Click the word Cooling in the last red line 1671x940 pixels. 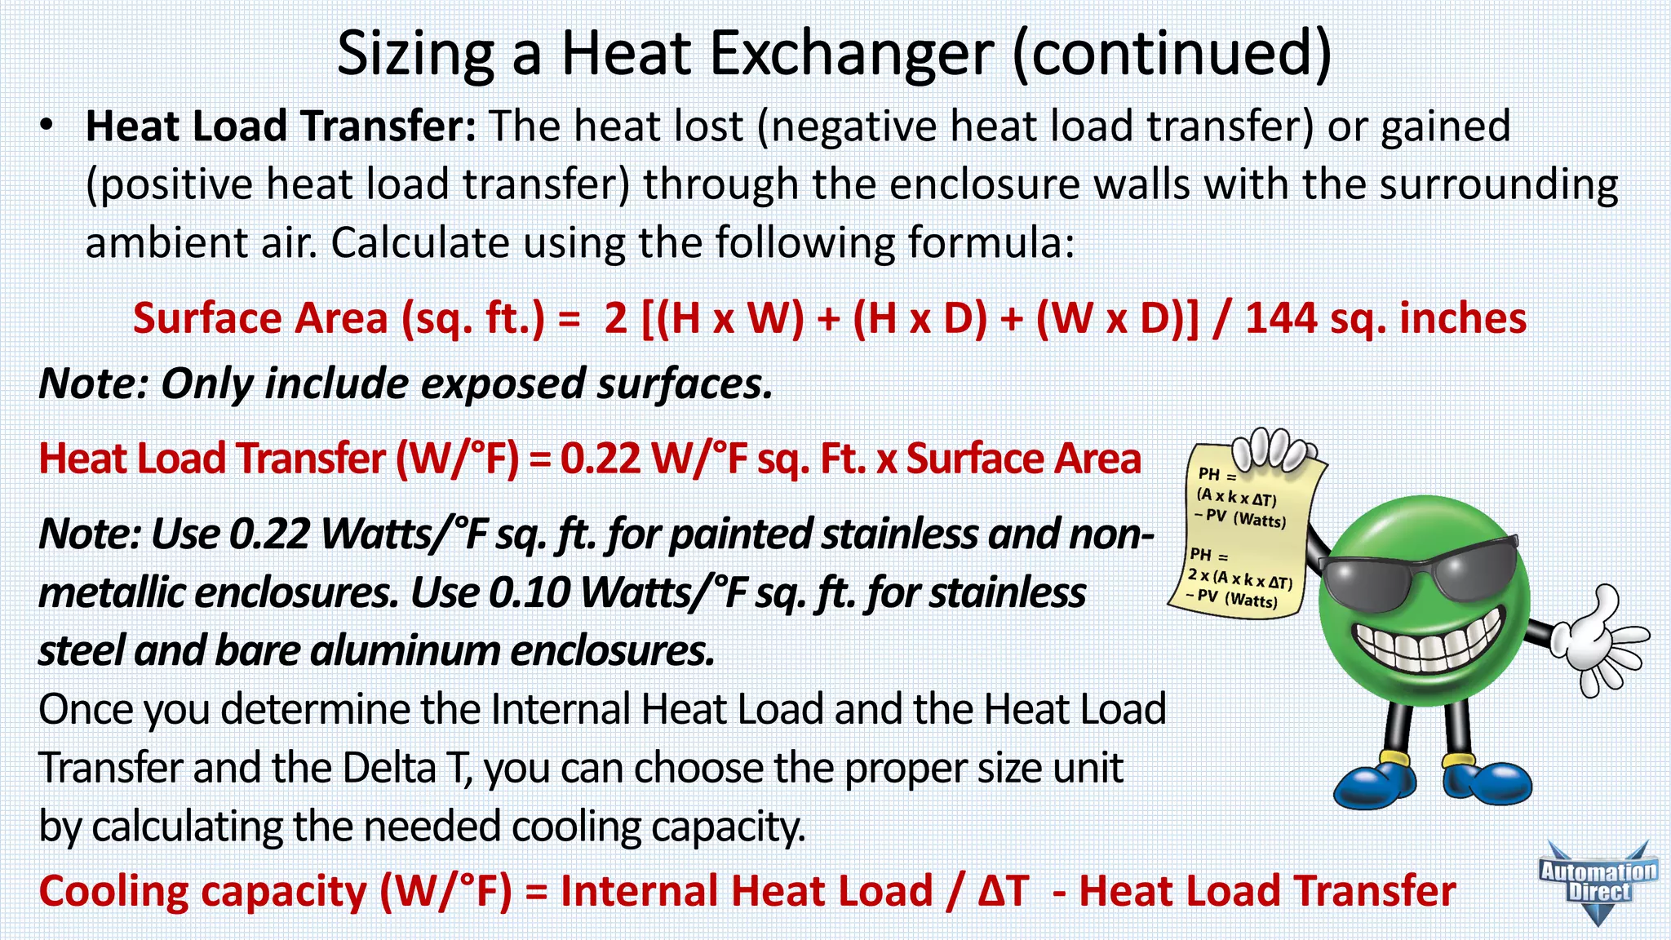pos(113,891)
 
